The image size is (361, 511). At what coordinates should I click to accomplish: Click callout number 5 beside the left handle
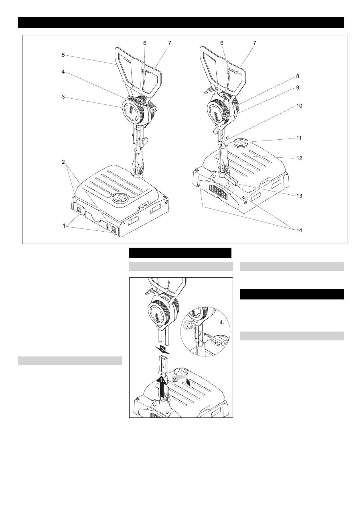click(x=63, y=55)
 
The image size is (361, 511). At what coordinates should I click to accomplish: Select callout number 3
click(x=63, y=97)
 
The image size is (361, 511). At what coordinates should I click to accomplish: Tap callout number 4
click(x=63, y=72)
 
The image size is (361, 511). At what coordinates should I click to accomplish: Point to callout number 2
click(x=63, y=162)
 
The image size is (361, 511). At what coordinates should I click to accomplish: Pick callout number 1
click(x=64, y=226)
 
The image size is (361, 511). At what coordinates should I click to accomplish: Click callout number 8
click(x=297, y=76)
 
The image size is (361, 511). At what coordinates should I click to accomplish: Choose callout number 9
click(x=297, y=88)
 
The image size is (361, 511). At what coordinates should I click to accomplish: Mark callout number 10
click(x=299, y=106)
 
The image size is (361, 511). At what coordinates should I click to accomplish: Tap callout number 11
click(x=299, y=138)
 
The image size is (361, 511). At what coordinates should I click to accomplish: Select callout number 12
click(x=299, y=158)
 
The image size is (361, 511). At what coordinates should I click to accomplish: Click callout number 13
click(x=299, y=196)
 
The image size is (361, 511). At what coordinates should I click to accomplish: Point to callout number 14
click(x=299, y=230)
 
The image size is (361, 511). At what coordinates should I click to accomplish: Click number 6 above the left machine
click(x=145, y=43)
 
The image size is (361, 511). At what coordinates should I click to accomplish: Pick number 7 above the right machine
click(x=255, y=43)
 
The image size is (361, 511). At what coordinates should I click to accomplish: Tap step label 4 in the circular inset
click(x=222, y=323)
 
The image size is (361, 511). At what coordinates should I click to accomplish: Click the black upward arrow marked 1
click(x=161, y=387)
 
